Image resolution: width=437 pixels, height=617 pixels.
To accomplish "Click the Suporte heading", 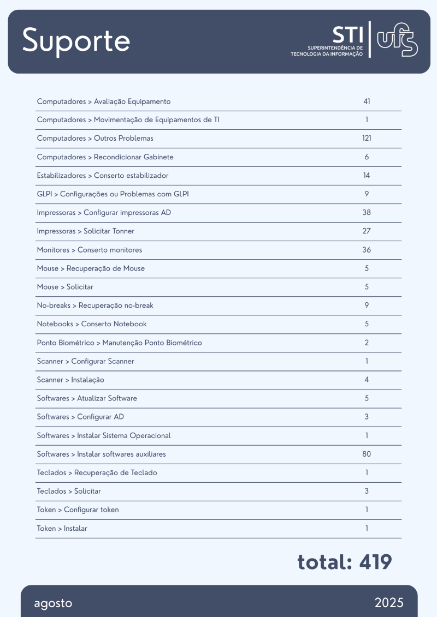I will point(76,41).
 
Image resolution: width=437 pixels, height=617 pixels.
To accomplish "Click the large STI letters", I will point(347,34).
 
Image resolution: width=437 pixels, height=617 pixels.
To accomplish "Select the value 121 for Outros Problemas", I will point(367,139).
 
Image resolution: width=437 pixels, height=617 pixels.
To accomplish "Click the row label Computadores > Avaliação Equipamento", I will point(104,101).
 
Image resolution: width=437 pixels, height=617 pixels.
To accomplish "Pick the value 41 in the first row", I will point(367,101).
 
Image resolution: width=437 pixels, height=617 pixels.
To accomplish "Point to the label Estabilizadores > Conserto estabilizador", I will point(103,176).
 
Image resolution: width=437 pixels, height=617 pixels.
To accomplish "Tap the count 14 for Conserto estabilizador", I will point(367,176).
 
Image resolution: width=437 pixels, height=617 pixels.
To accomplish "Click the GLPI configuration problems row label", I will point(113,194).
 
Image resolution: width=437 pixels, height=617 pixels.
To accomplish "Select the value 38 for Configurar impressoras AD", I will point(367,213).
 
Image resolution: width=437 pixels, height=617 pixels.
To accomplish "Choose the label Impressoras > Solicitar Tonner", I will point(86,231).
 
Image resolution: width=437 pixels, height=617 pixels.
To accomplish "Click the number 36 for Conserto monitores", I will point(367,250).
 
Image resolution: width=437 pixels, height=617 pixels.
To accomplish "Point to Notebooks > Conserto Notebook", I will point(92,324).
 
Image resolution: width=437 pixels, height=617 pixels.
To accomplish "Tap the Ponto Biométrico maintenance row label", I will point(120,343).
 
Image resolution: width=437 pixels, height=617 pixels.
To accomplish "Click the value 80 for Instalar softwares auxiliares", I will point(367,454).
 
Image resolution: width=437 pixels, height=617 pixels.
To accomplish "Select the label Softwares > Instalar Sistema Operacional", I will point(104,435).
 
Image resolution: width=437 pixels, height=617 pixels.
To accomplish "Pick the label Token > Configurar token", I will point(78,510).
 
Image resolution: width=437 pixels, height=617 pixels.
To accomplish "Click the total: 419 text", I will point(345,562).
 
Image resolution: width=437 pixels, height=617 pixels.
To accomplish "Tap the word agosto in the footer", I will point(53,603).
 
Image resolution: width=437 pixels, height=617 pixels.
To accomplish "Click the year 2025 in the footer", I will point(389,603).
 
